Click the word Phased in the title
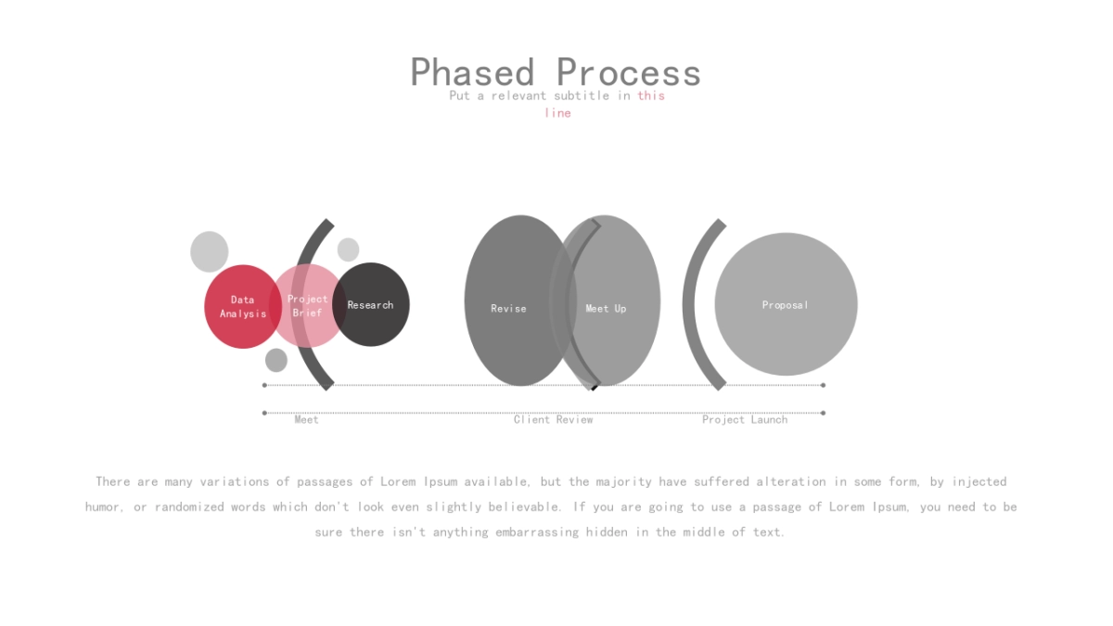pyautogui.click(x=472, y=72)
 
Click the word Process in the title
pyautogui.click(x=629, y=72)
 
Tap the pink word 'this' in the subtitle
pyautogui.click(x=651, y=96)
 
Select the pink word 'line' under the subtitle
pyautogui.click(x=557, y=113)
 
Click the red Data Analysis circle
pyautogui.click(x=243, y=307)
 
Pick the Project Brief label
pyautogui.click(x=308, y=305)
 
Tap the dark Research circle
pyautogui.click(x=371, y=304)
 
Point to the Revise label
pyautogui.click(x=508, y=309)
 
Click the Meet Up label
pyautogui.click(x=606, y=309)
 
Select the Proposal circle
pyautogui.click(x=787, y=304)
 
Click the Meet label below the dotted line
pyautogui.click(x=307, y=420)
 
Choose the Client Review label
pyautogui.click(x=553, y=420)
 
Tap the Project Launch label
pyautogui.click(x=745, y=420)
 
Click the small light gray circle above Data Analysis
pyautogui.click(x=210, y=251)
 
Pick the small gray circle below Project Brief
pyautogui.click(x=276, y=360)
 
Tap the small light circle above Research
pyautogui.click(x=349, y=249)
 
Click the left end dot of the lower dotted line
pyautogui.click(x=264, y=413)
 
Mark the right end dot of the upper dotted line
pyautogui.click(x=824, y=385)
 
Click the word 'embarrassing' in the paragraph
pyautogui.click(x=537, y=532)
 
